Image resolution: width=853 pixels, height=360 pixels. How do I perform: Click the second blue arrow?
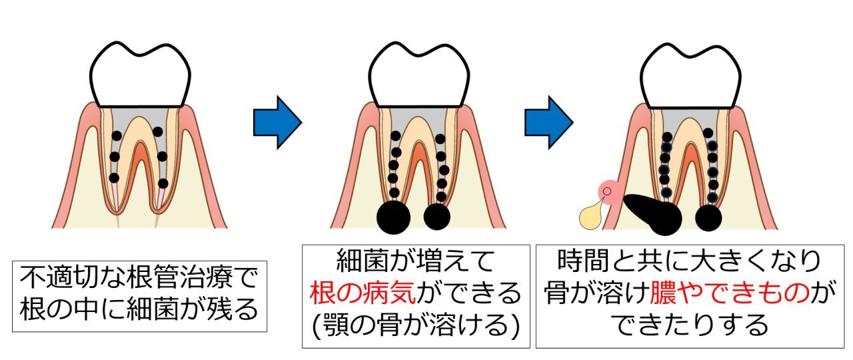[548, 122]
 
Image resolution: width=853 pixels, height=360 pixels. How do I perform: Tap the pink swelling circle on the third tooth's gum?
[607, 194]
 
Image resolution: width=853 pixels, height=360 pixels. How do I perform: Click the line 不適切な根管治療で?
[140, 277]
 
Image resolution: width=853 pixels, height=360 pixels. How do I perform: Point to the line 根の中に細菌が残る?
[140, 307]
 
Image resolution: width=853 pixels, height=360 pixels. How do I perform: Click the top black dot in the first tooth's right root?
[158, 132]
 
